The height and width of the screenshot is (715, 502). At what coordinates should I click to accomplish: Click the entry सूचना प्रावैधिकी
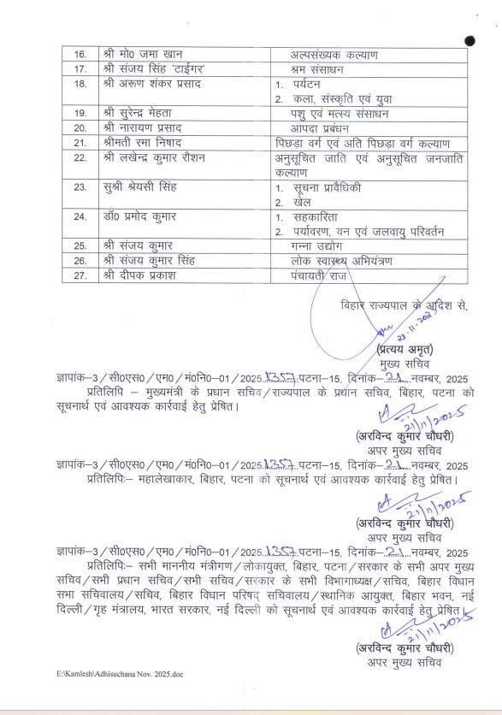[x=324, y=187]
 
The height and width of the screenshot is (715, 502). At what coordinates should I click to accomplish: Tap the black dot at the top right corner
[x=470, y=40]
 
